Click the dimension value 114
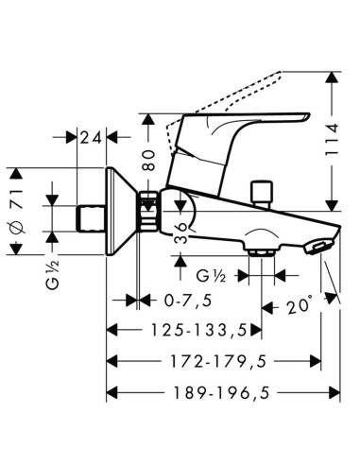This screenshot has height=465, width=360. point(332,139)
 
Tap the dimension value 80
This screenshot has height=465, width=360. point(148,160)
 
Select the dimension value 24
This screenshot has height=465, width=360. point(92,138)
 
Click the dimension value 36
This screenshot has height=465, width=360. point(180,233)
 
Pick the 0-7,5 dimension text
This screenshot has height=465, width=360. point(188,301)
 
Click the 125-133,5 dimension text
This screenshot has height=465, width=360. point(198,330)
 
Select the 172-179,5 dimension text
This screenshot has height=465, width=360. point(218,361)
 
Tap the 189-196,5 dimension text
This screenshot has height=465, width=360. point(222,392)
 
